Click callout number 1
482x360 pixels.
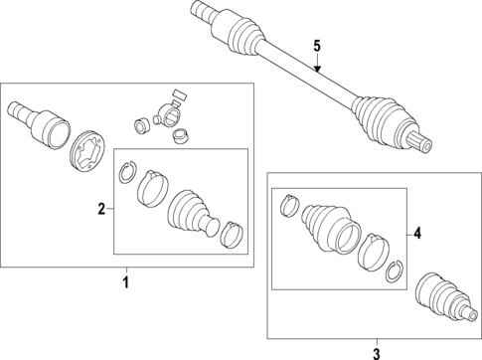(126, 282)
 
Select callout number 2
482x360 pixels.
(101, 209)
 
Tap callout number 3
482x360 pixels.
(377, 354)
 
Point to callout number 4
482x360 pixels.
(417, 234)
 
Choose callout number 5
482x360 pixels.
(317, 46)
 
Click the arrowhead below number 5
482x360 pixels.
(317, 69)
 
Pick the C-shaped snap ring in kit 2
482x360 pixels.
(126, 172)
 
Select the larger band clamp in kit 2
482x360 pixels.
(153, 189)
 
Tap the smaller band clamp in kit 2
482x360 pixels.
(233, 234)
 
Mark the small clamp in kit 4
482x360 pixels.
(290, 206)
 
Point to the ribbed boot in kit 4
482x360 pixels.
(331, 229)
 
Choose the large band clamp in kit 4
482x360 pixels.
(374, 252)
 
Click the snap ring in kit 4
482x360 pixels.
(395, 271)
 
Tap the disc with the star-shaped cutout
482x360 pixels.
(87, 151)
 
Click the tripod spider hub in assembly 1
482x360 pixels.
(167, 113)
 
